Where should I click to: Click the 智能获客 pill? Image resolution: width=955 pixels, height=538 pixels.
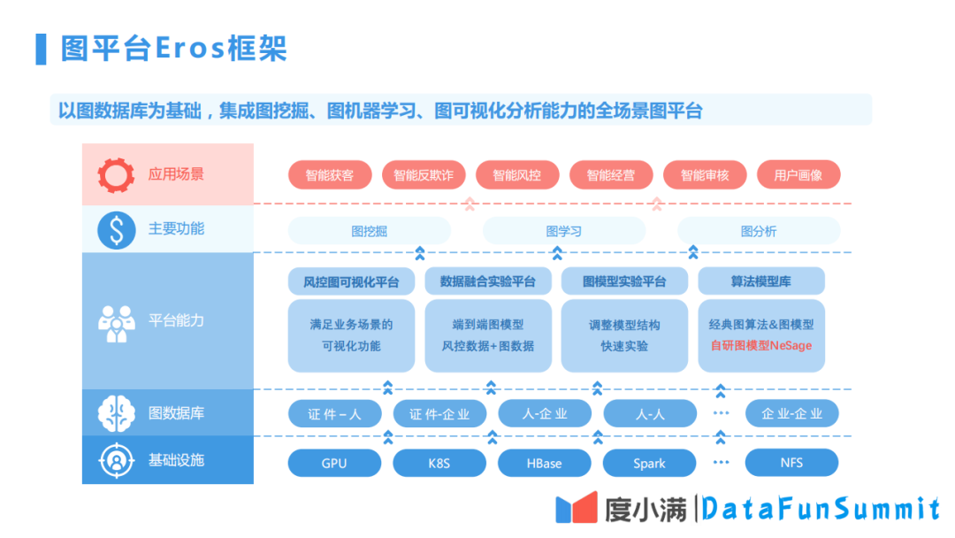coord(330,175)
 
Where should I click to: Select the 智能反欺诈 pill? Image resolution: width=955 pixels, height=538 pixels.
coord(424,175)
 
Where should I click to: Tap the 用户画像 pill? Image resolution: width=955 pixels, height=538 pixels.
coord(798,175)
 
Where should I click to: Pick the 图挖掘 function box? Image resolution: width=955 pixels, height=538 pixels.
coord(369,231)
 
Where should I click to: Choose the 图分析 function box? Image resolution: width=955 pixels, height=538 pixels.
coord(759,231)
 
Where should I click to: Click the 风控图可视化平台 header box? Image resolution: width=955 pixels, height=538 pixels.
coord(351,281)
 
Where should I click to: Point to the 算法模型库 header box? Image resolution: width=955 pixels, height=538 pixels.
coord(761,281)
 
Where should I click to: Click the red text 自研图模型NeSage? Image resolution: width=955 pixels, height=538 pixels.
coord(761,346)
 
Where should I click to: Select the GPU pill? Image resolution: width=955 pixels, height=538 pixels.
coord(334,463)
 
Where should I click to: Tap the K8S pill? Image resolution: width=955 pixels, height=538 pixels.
coord(439,463)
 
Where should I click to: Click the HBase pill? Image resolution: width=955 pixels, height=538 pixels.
coord(544,463)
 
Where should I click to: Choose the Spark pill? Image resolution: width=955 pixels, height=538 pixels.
coord(649,463)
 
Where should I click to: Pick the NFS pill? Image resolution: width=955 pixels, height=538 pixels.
coord(791,463)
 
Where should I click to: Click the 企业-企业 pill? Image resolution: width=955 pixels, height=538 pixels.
coord(791,413)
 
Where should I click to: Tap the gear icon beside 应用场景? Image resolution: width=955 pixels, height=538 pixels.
coord(116,174)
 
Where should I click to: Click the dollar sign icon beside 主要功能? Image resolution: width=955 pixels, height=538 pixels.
coord(116,229)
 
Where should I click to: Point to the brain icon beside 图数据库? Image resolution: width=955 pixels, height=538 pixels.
coord(116,412)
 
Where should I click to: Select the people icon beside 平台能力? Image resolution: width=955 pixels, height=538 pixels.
coord(116,322)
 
